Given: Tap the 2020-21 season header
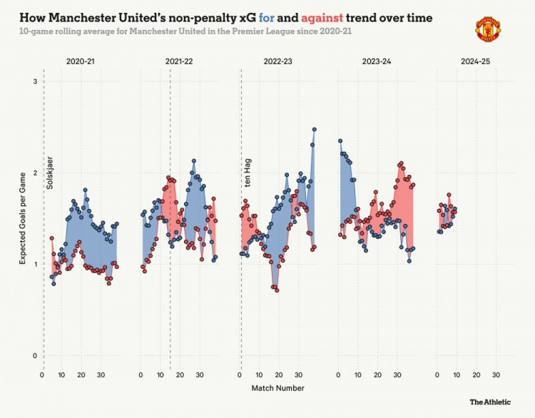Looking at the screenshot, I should pyautogui.click(x=81, y=63).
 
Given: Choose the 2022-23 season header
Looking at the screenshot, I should pyautogui.click(x=278, y=63).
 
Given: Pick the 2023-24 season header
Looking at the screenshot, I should pyautogui.click(x=377, y=63).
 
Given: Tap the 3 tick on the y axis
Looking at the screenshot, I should pyautogui.click(x=34, y=82).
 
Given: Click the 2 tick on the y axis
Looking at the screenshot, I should pyautogui.click(x=34, y=173).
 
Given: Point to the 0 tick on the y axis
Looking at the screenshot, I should pyautogui.click(x=34, y=355).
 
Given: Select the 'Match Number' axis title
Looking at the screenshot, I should pyautogui.click(x=277, y=389).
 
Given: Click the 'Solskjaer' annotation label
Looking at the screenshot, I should pyautogui.click(x=49, y=172).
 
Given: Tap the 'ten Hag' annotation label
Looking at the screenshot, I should pyautogui.click(x=248, y=175).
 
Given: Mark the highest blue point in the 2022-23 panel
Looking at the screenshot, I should pyautogui.click(x=314, y=130).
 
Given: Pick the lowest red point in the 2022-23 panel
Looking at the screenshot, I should pyautogui.click(x=277, y=290).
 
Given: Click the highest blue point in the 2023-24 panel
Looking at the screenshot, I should pyautogui.click(x=340, y=141).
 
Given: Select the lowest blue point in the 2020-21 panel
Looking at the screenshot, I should pyautogui.click(x=53, y=284).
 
